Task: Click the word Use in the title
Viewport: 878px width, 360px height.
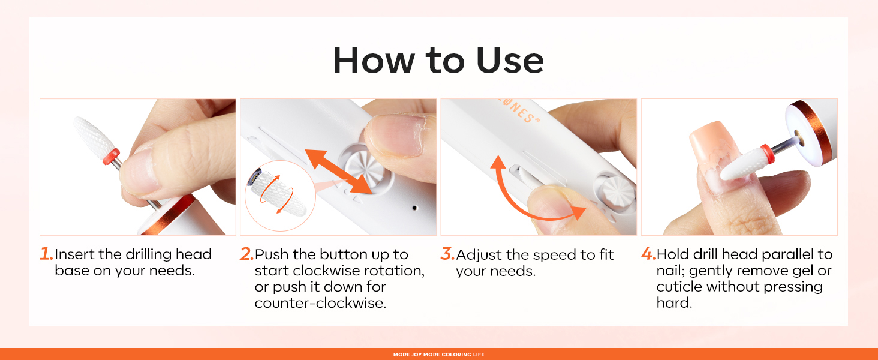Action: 510,60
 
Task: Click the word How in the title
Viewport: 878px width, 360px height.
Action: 374,60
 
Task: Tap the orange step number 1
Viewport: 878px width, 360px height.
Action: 46,254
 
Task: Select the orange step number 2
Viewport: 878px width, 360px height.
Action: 246,254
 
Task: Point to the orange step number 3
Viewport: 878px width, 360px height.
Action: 447,254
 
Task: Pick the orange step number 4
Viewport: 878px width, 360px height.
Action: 648,254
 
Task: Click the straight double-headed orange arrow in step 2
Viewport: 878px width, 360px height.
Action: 339,172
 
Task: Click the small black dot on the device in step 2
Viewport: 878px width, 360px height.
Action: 414,208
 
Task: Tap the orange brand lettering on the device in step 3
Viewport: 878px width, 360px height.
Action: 519,110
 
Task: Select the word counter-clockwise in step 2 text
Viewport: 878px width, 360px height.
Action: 320,303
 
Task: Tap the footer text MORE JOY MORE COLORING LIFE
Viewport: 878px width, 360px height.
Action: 439,355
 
